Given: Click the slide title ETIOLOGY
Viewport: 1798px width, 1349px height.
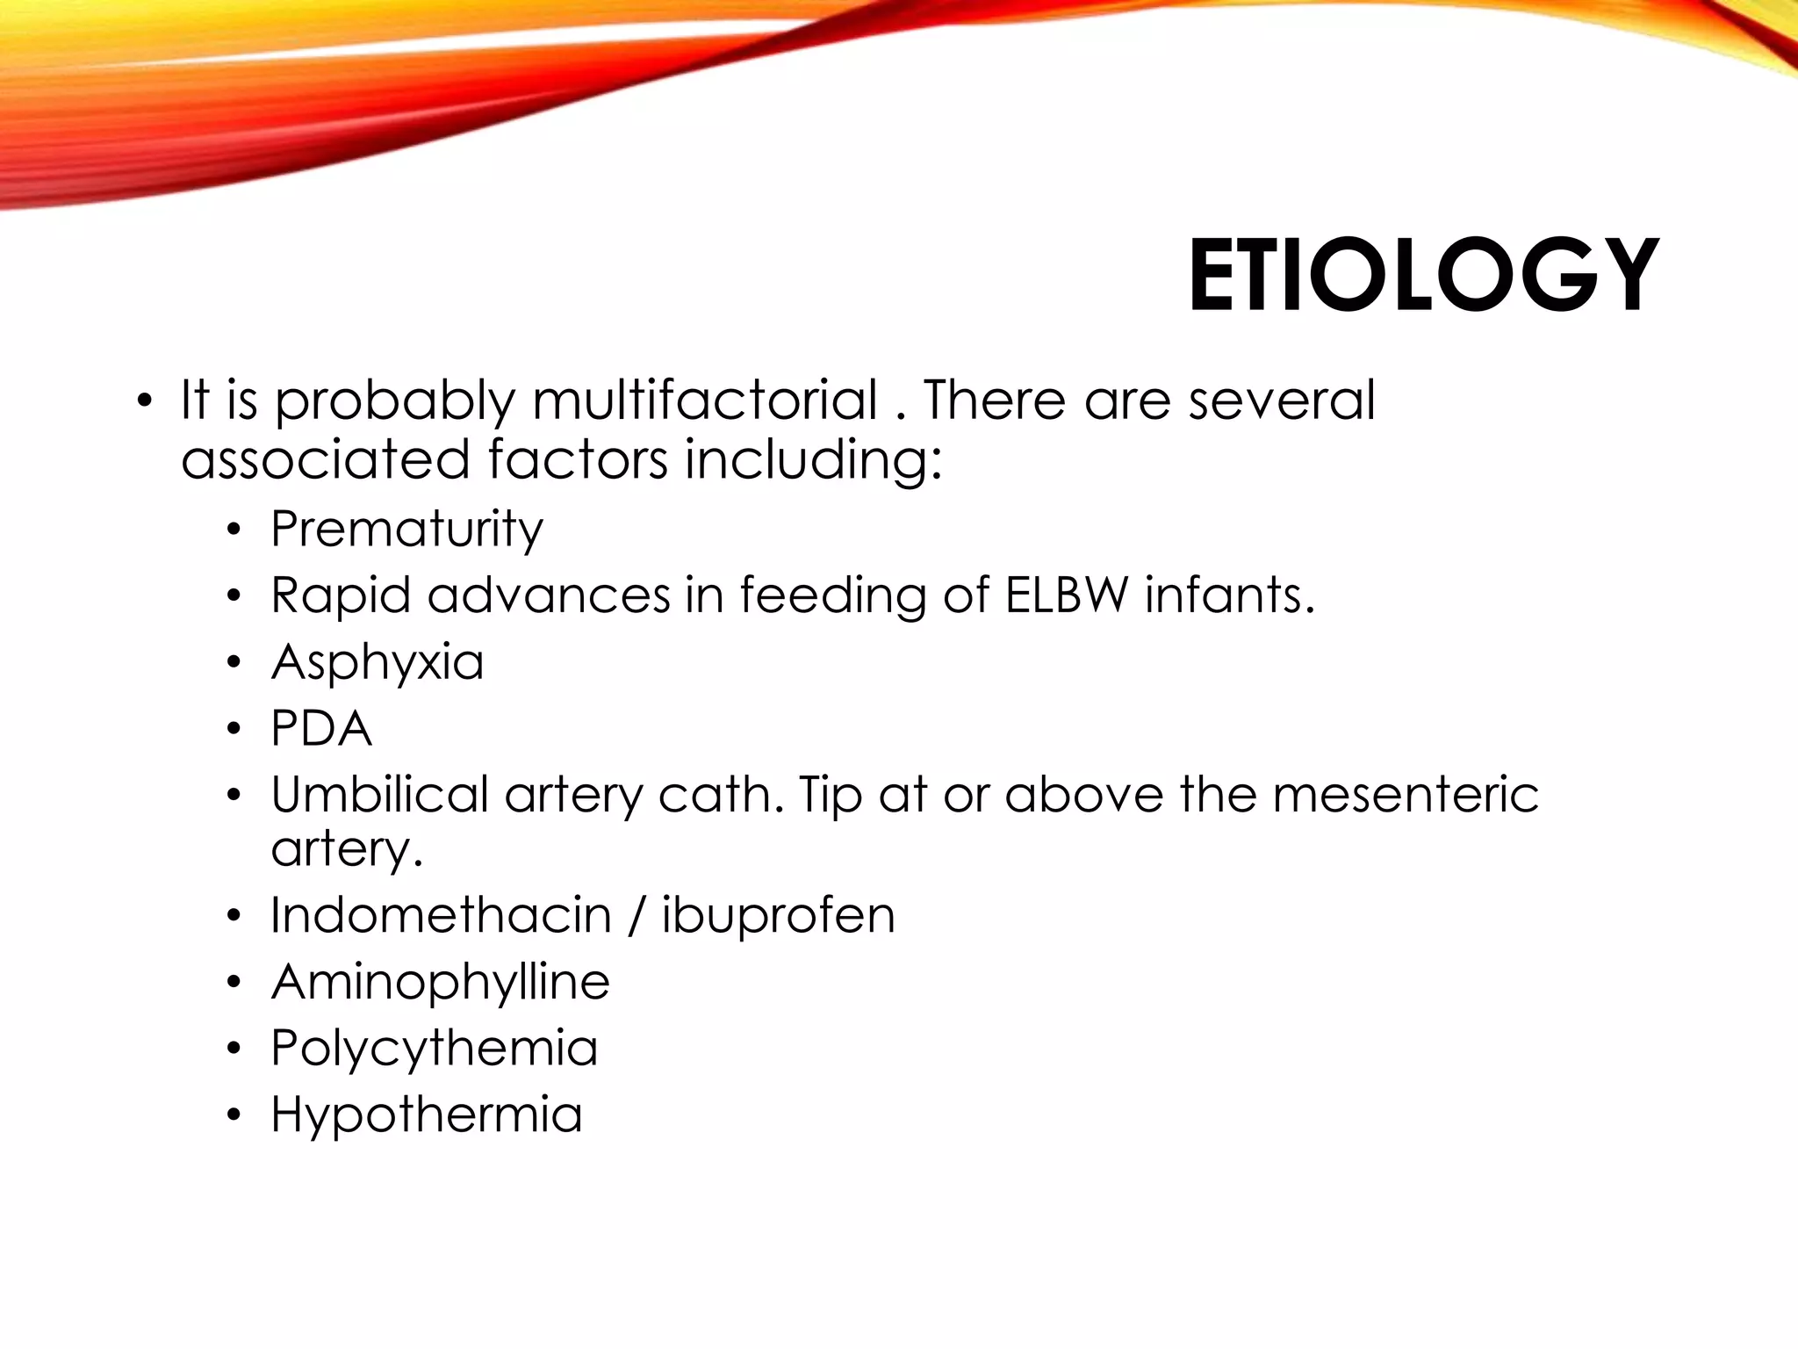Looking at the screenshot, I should tap(1423, 276).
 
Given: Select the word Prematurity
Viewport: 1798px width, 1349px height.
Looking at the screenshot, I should tap(406, 530).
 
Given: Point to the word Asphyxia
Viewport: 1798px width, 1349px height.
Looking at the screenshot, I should tap(378, 662).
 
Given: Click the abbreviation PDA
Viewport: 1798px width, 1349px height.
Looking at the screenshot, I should tap(321, 728).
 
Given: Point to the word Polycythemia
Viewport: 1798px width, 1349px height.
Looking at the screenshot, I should tap(435, 1048).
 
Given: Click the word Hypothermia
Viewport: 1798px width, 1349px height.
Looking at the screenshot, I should tap(427, 1115).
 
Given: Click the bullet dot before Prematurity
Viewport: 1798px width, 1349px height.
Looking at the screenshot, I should tap(233, 531).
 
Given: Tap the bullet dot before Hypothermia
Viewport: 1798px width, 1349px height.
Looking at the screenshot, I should tap(233, 1116).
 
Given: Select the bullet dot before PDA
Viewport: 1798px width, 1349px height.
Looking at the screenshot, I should tap(233, 730).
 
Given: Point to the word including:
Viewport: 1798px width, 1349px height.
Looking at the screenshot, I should tap(813, 460).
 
